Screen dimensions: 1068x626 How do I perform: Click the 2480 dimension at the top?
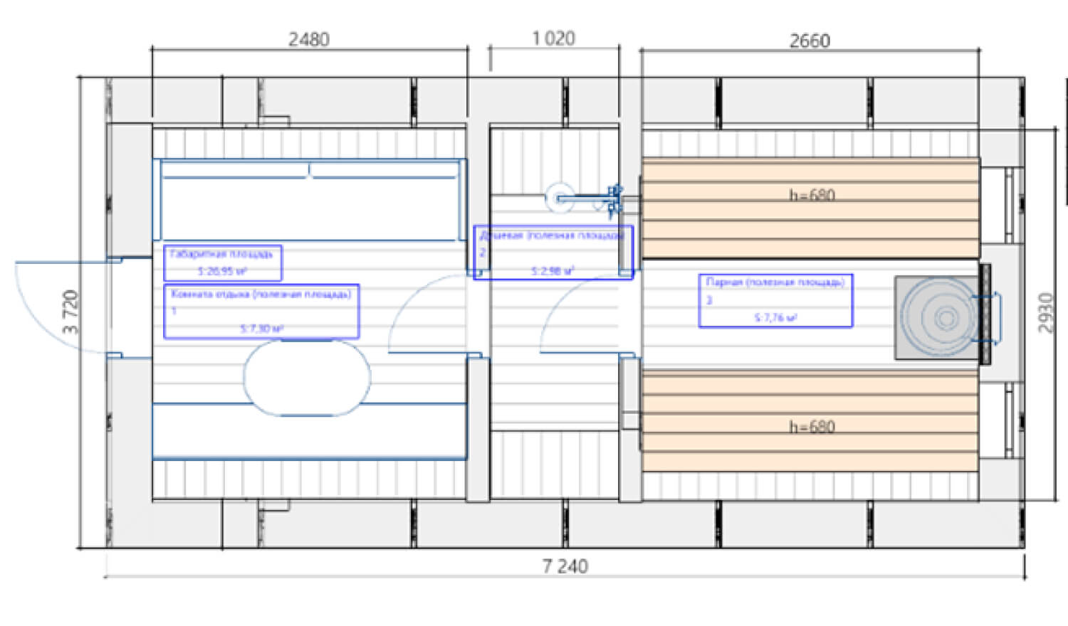point(309,39)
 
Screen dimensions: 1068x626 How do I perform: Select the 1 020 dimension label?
point(553,38)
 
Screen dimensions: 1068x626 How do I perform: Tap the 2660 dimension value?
point(810,41)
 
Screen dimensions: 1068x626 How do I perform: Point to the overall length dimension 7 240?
point(565,566)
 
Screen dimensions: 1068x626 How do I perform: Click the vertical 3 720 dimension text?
point(71,312)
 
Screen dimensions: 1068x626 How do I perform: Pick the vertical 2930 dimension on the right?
point(1045,312)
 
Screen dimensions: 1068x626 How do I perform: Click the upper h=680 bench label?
point(812,195)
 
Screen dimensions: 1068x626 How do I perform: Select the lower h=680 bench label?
point(812,427)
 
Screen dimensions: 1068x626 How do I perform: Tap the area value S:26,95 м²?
point(223,271)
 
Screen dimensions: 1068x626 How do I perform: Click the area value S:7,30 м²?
point(262,329)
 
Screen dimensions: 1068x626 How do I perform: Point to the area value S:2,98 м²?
point(553,271)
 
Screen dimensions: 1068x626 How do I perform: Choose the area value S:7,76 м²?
point(776,318)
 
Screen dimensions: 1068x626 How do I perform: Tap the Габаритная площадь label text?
point(221,254)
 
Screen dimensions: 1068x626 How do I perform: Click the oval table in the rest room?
point(307,378)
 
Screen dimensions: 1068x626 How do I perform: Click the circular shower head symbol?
point(560,198)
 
